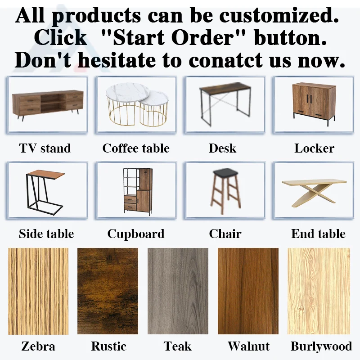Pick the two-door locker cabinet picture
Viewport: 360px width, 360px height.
click(x=314, y=103)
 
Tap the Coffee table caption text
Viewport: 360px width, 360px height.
click(x=136, y=148)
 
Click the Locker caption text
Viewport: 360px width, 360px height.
click(x=314, y=148)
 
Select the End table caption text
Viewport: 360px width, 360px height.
click(x=318, y=234)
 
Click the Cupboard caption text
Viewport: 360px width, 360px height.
click(x=135, y=234)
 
